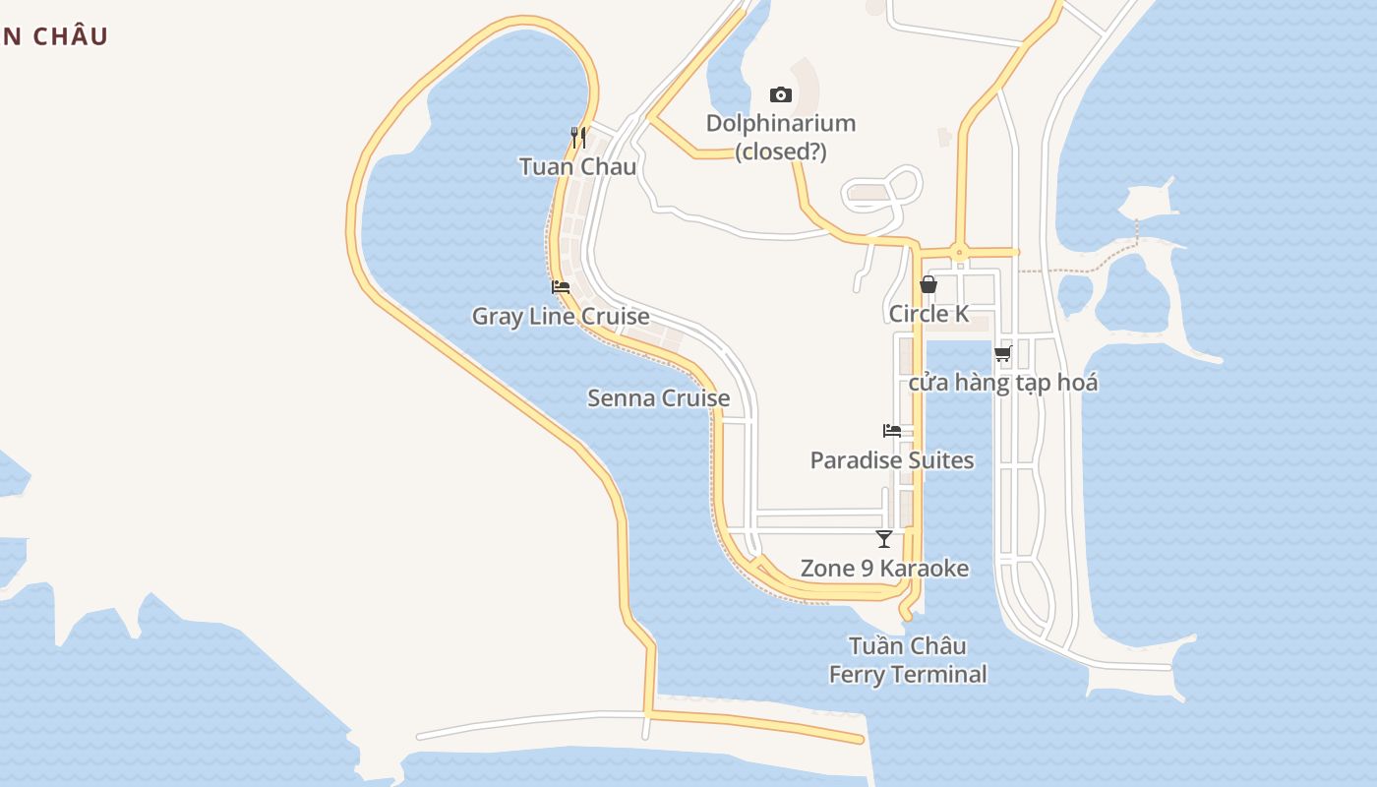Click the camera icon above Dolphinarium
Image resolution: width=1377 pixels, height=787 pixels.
pos(780,94)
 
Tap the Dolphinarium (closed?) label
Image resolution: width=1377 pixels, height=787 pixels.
pos(781,138)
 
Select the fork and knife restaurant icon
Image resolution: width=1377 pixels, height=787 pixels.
pos(578,138)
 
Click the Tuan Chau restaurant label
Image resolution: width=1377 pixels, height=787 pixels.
pos(577,166)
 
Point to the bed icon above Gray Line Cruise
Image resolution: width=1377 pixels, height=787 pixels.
pos(561,287)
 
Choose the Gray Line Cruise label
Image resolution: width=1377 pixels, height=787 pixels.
pos(561,316)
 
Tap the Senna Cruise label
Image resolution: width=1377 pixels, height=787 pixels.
pos(658,398)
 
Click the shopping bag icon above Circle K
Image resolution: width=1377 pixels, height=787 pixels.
pos(928,285)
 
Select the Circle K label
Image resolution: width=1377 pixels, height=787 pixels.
pos(928,314)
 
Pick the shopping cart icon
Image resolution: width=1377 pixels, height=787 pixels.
pos(1002,354)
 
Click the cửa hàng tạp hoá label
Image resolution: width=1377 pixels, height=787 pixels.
pos(1002,383)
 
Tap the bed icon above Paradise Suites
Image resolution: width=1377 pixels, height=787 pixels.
pos(892,431)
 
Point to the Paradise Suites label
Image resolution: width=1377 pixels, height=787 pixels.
pos(892,460)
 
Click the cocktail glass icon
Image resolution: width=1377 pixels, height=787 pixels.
pos(884,539)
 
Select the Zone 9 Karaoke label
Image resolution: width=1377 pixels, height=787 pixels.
pos(884,569)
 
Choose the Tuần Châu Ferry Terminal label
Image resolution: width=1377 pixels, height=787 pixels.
pos(908,660)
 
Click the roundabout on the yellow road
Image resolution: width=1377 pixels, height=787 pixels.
pos(960,252)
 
